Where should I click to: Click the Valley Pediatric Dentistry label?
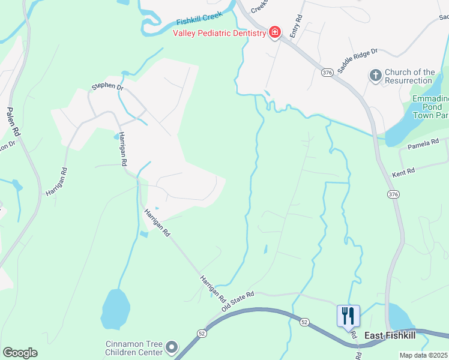click(219, 34)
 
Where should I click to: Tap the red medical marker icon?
click(274, 32)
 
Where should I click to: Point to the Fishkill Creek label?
click(199, 18)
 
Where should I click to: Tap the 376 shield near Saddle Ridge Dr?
click(327, 72)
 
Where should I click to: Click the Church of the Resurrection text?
click(409, 76)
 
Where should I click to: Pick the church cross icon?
click(375, 76)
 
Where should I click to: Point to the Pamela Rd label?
click(423, 145)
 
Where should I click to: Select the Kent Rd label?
click(403, 173)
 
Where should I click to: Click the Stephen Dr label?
click(107, 86)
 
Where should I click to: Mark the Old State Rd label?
click(238, 301)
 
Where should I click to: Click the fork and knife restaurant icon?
click(348, 315)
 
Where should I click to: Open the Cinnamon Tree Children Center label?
click(133, 348)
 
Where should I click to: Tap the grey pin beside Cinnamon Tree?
click(172, 347)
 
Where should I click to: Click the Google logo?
click(20, 353)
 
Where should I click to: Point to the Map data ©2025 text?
click(424, 355)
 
